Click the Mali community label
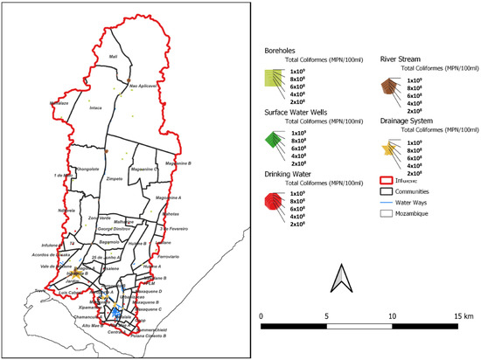[112, 57]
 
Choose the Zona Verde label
[100, 218]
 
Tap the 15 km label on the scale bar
[462, 315]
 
